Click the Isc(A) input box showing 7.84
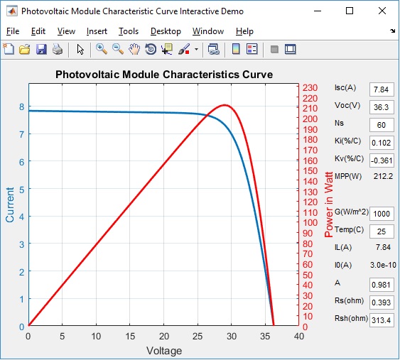(x=382, y=89)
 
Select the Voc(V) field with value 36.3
(x=382, y=107)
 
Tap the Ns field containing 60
(x=382, y=125)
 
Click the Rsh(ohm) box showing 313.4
(x=382, y=320)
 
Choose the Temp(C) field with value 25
(x=382, y=231)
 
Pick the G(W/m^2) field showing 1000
(x=382, y=214)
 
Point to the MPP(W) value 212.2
(x=383, y=176)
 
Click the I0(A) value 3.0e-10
(x=383, y=265)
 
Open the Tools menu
(x=129, y=31)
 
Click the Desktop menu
(x=166, y=31)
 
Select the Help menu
(x=244, y=31)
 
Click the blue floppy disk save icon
(x=41, y=49)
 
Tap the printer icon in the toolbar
(x=58, y=49)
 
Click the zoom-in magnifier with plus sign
(x=102, y=49)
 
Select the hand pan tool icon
(x=134, y=49)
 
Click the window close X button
(x=382, y=11)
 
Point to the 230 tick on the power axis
(x=310, y=88)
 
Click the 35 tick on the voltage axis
(x=265, y=337)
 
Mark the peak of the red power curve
(x=225, y=105)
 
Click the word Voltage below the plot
(x=164, y=351)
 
